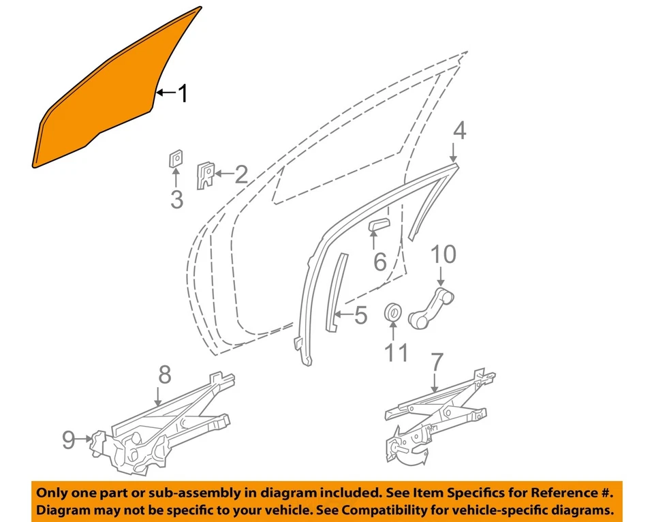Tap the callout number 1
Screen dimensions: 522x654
pos(182,93)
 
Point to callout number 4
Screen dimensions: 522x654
pos(460,131)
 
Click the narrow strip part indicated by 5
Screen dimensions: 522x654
pos(334,293)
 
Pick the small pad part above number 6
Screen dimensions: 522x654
pos(378,225)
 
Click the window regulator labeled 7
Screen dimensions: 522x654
pos(436,416)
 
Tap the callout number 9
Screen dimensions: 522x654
pos(69,440)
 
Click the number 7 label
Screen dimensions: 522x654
pos(436,362)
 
